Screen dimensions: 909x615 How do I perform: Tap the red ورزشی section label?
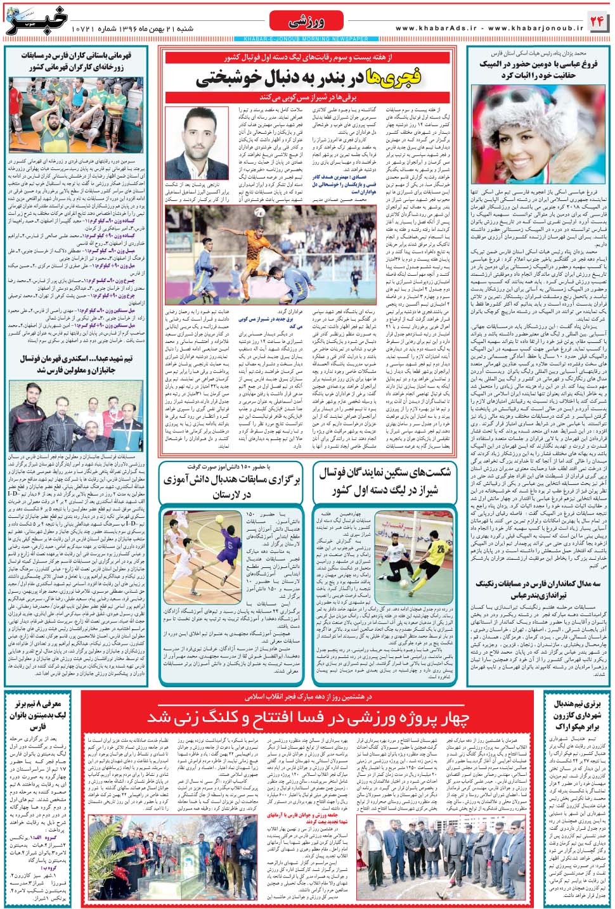tap(306, 22)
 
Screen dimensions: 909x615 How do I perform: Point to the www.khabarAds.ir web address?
tap(437, 29)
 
